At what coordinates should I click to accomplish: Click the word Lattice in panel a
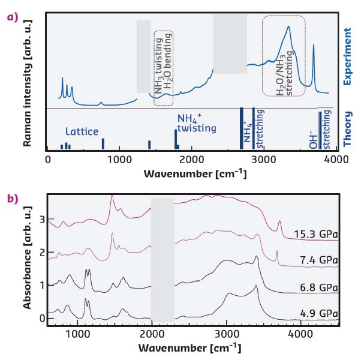(x=82, y=131)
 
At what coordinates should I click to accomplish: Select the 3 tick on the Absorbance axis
(x=43, y=220)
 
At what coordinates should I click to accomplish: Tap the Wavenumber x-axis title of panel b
(x=190, y=347)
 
